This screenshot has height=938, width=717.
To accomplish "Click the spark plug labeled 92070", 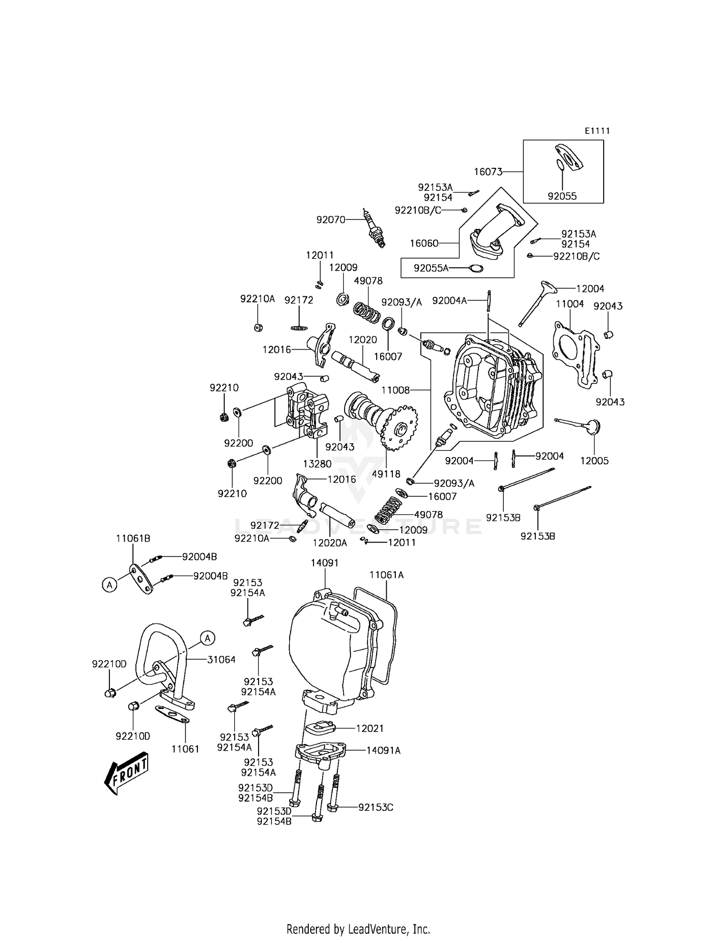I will [375, 229].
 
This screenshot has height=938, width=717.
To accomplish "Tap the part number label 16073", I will [488, 172].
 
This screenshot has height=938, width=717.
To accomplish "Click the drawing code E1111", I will [597, 131].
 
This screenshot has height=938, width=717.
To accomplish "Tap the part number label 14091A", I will [383, 751].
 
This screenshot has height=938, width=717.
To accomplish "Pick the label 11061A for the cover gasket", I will [386, 575].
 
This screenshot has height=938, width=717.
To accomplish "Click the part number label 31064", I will [221, 659].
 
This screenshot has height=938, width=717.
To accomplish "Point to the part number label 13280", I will [317, 464].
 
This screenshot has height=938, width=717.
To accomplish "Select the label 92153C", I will [376, 807].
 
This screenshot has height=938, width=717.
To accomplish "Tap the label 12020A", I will [330, 543].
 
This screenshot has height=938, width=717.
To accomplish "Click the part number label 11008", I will [396, 390].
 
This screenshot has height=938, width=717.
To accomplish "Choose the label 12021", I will [370, 728].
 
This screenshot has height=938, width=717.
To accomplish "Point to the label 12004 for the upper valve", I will [590, 289].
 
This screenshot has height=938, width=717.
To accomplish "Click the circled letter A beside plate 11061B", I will [110, 584].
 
